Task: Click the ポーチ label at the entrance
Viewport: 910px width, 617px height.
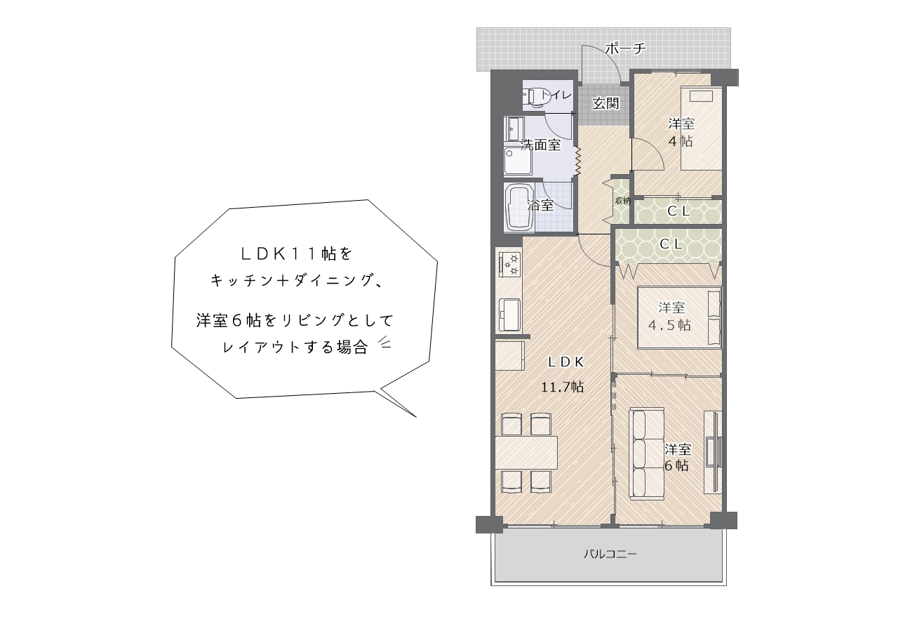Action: [x=625, y=48]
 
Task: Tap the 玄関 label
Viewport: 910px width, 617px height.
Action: [x=605, y=103]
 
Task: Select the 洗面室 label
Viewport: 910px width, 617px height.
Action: [x=541, y=145]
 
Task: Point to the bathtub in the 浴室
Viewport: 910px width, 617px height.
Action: [x=518, y=208]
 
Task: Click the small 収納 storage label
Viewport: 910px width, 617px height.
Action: [x=622, y=200]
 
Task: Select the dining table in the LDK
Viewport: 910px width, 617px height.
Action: [x=526, y=453]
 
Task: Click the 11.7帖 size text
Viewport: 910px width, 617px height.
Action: [x=562, y=387]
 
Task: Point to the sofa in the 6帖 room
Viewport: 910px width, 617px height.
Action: [x=646, y=453]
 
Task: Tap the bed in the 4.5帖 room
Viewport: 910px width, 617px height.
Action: [x=680, y=317]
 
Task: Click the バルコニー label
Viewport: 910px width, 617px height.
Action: [x=610, y=554]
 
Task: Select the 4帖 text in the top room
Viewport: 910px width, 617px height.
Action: [x=681, y=142]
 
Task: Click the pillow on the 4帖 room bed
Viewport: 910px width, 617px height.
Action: [x=701, y=96]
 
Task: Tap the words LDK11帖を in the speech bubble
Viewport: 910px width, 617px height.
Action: [x=296, y=254]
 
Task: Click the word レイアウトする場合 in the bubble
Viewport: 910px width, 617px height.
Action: [x=296, y=347]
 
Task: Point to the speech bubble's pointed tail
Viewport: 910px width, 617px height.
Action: [x=416, y=417]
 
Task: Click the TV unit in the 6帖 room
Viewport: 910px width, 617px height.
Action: [x=714, y=452]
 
